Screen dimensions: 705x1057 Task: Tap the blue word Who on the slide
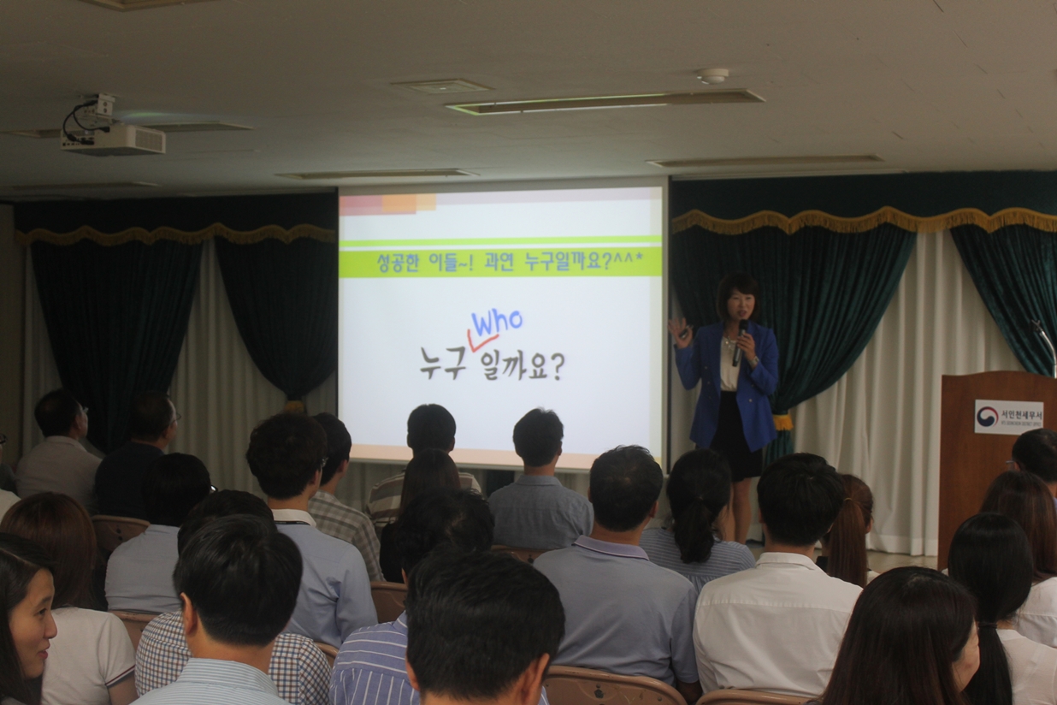tap(496, 323)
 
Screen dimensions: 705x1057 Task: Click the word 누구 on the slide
tap(442, 362)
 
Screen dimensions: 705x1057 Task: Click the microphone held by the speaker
tap(740, 341)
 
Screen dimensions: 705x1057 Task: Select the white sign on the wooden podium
tap(1008, 417)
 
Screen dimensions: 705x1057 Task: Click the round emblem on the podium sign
tap(987, 417)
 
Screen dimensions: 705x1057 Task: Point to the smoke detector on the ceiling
tap(712, 76)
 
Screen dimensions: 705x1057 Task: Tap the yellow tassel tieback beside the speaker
tap(782, 421)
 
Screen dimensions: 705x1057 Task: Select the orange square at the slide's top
tap(399, 204)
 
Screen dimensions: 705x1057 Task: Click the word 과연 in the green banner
tap(499, 262)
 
